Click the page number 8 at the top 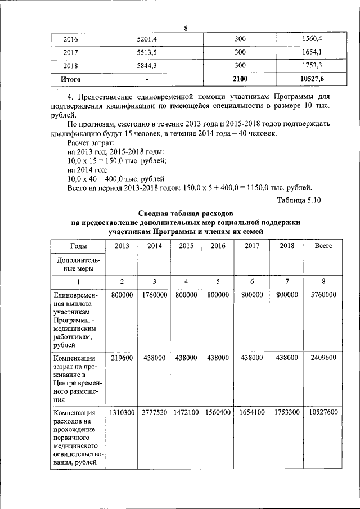pos(184,28)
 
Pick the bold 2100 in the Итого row pos(240,79)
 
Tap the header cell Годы pos(78,246)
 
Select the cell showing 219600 pos(122,357)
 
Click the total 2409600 pos(323,357)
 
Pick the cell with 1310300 pos(122,412)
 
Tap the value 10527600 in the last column pos(323,412)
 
